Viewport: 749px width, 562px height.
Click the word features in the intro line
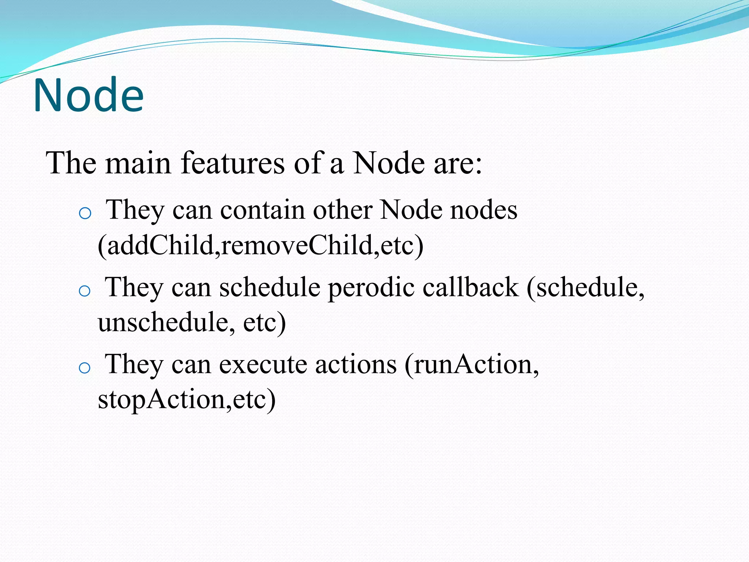coord(232,163)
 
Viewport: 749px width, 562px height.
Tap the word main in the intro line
coord(138,163)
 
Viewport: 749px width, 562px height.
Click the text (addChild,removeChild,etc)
coord(260,245)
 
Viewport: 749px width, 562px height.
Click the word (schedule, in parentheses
coord(585,288)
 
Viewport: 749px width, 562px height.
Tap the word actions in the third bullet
coord(355,365)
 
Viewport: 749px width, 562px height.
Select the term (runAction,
coord(471,365)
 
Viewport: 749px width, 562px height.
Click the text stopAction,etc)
coord(187,400)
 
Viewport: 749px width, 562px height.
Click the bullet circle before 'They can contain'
coord(85,213)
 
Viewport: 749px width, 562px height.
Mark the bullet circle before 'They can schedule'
coord(84,291)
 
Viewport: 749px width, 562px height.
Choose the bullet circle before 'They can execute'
coord(84,368)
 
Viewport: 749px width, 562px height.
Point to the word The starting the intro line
coord(71,163)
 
